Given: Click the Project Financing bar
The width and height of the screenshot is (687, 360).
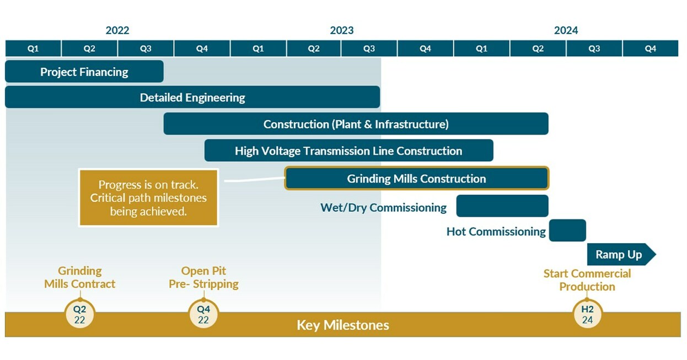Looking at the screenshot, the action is click(84, 72).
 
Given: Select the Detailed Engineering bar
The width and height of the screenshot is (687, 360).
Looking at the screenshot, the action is click(192, 97).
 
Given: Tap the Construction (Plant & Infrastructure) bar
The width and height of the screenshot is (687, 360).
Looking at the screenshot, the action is click(356, 124).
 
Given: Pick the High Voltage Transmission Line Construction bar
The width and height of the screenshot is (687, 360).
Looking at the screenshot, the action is click(348, 151).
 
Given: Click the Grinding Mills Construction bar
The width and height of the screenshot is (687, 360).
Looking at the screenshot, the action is click(416, 178).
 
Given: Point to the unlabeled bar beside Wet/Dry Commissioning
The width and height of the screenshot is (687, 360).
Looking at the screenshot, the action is click(502, 206).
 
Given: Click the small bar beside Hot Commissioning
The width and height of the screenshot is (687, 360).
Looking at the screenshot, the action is click(567, 230).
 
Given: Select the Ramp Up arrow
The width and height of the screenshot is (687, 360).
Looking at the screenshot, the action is click(621, 254).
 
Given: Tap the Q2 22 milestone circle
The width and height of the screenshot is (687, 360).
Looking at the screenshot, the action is click(80, 314).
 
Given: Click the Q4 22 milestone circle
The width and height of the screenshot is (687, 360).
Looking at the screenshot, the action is click(203, 314).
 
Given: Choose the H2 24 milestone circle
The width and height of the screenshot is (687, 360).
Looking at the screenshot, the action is click(587, 314).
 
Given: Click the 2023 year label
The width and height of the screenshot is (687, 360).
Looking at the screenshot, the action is click(342, 30).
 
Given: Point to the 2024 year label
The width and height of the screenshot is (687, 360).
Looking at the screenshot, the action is click(566, 30).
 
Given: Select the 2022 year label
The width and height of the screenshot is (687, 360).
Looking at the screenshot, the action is click(117, 30).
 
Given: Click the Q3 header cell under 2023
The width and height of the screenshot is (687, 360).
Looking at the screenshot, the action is click(369, 49).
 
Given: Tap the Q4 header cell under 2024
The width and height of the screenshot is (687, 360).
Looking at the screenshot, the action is click(651, 49).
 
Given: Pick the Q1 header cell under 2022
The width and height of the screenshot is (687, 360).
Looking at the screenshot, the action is click(33, 49).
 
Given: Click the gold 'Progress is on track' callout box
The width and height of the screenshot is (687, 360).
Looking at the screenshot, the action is click(148, 198).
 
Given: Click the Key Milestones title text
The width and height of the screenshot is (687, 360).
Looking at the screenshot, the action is click(343, 325).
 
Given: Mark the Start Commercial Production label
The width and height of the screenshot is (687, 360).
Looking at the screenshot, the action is click(587, 280).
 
